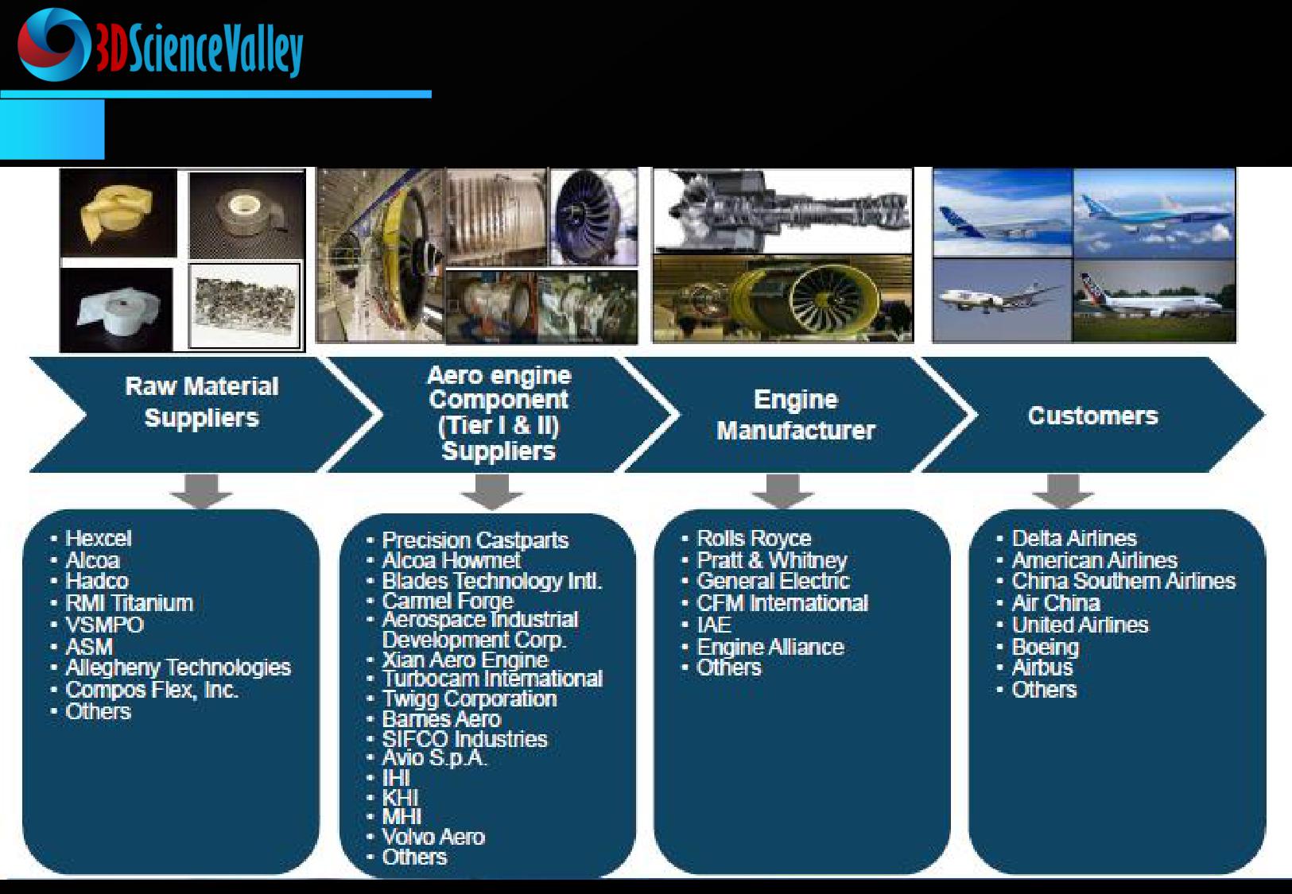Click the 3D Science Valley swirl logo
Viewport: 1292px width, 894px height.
coord(53,45)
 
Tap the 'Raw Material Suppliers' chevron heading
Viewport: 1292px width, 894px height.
coord(202,402)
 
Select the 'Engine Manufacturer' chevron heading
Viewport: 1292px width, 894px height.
coord(795,415)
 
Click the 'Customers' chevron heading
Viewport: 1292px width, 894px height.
coord(1092,416)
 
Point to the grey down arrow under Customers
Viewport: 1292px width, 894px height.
coord(1062,491)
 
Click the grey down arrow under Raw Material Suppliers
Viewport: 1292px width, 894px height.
coord(200,491)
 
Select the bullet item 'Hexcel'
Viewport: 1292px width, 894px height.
coord(98,538)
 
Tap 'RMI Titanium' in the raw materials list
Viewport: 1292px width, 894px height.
coord(129,603)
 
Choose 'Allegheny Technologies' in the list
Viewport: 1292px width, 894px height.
coord(178,668)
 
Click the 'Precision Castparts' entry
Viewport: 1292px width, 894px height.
coord(475,540)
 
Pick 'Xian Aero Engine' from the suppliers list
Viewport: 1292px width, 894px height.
coord(465,659)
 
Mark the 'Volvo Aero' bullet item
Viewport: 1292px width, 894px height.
coord(433,836)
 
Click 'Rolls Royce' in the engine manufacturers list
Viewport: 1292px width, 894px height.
coord(754,538)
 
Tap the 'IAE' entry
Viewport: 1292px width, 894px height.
coord(714,625)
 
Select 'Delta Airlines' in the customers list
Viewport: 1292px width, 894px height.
coord(1074,538)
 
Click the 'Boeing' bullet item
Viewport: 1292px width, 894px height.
coord(1046,647)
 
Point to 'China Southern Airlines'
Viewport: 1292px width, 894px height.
coord(1123,581)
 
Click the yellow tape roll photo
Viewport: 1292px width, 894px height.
coord(118,214)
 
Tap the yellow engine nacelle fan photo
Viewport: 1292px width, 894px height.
coord(782,299)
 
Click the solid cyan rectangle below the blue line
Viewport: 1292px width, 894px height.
coord(52,129)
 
